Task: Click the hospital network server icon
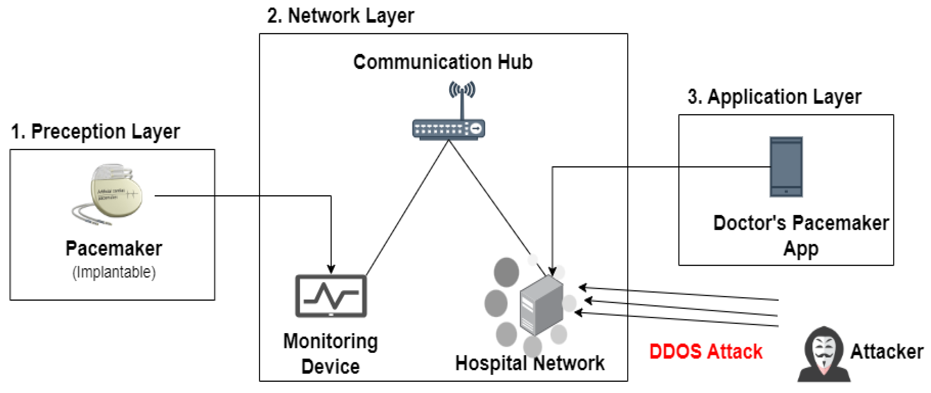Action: [x=541, y=306]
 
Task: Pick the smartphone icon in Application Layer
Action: [x=786, y=167]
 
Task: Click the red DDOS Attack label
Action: [x=706, y=351]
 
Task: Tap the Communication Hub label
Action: [x=443, y=62]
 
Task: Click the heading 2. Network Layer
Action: [x=341, y=16]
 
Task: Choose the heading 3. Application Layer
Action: [x=774, y=97]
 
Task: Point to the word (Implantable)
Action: [x=114, y=272]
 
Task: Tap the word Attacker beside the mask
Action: [x=886, y=351]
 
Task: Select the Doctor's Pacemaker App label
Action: [x=801, y=235]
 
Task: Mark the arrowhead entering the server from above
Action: [x=552, y=271]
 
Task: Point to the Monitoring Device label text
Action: [x=330, y=353]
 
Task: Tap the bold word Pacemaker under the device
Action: [x=114, y=249]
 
